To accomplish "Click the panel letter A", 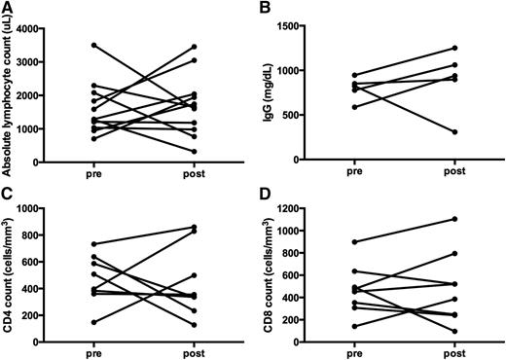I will click(7, 8).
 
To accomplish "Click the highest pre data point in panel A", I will click(93, 45).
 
